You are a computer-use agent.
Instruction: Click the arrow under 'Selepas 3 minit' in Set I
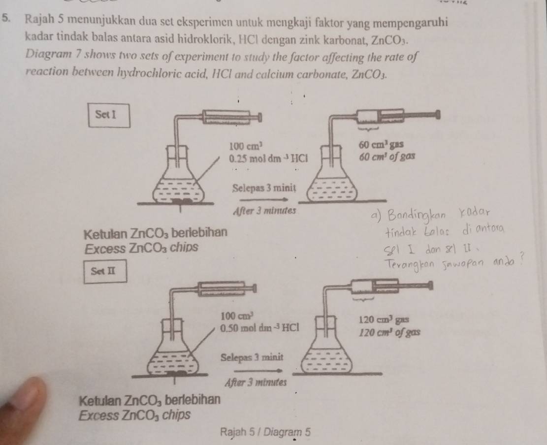pyautogui.click(x=264, y=199)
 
